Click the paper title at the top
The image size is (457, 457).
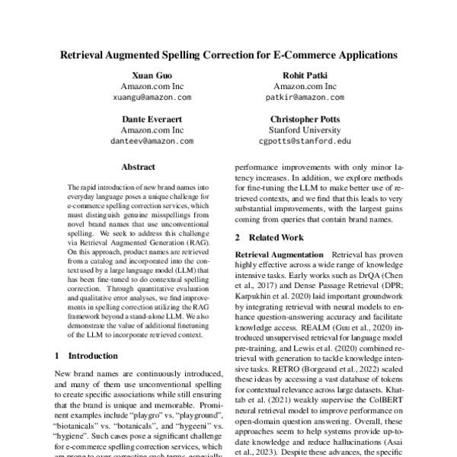click(x=228, y=56)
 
